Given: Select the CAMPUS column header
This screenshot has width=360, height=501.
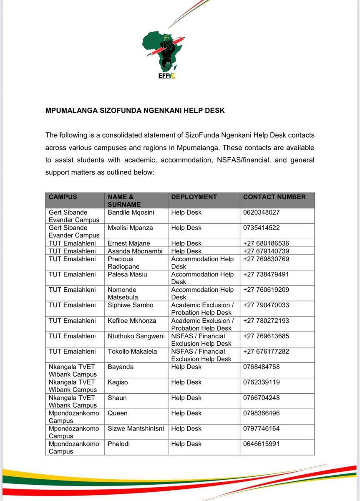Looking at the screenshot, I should (x=63, y=197).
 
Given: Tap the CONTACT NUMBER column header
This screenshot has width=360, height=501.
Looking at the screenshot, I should (x=274, y=197).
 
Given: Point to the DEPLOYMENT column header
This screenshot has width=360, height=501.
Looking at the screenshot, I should (x=194, y=197).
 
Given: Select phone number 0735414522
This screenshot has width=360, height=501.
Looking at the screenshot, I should (x=261, y=228).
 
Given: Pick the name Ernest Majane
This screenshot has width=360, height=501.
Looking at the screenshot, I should (x=129, y=243).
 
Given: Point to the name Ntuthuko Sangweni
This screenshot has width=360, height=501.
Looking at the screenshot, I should (x=136, y=336).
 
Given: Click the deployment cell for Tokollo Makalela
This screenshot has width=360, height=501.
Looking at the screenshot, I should (x=201, y=355).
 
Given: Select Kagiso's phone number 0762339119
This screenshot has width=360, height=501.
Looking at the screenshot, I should (x=261, y=382).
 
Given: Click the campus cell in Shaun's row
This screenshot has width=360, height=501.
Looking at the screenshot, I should (x=73, y=401).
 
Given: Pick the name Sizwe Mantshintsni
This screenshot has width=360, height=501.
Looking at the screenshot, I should (x=136, y=429).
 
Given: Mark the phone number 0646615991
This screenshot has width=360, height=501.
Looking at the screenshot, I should (x=261, y=444).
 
